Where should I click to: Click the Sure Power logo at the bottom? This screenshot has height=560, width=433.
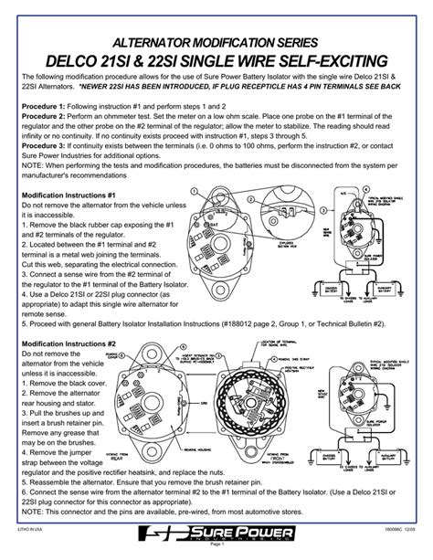click(x=216, y=538)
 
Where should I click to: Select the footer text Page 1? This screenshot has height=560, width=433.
click(x=216, y=553)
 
